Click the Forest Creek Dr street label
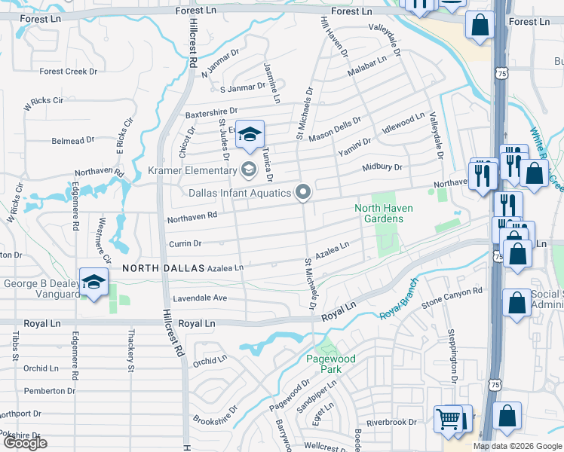tap(69, 72)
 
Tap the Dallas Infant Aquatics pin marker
tap(303, 194)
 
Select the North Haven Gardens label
tap(379, 213)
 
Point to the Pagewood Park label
tap(330, 365)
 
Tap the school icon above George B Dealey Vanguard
tap(94, 282)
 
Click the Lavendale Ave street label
tap(200, 298)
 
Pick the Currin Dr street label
tap(185, 243)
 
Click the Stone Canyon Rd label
tap(452, 298)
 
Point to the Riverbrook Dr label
tap(391, 422)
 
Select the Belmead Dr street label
tap(72, 140)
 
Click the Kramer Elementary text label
tap(192, 171)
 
